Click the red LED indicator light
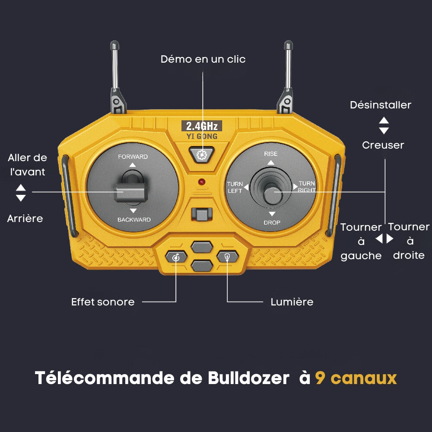(x=202, y=182)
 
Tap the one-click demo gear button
(x=202, y=155)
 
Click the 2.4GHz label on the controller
(x=202, y=126)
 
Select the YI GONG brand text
(x=202, y=136)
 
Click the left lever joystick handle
(x=130, y=193)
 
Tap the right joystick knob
(x=273, y=196)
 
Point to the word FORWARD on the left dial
(x=133, y=157)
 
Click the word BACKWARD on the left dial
(x=134, y=219)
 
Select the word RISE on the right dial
(x=270, y=154)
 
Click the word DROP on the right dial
(x=272, y=222)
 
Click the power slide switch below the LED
(x=202, y=215)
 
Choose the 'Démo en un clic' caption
(x=203, y=59)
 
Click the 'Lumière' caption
(x=292, y=302)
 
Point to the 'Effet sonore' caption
(x=103, y=302)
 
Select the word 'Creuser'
(x=383, y=145)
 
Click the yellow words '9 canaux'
(x=356, y=378)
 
